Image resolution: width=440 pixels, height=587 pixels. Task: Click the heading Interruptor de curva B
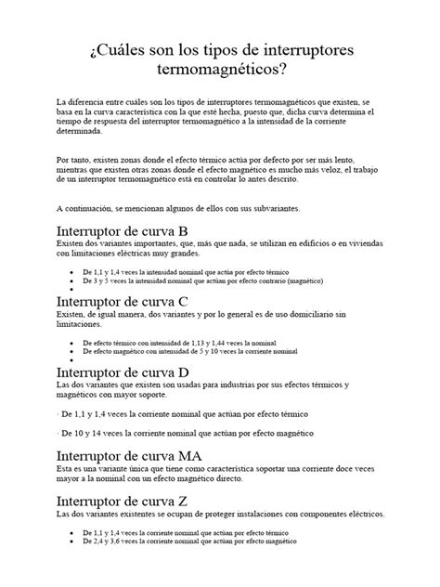tap(123, 230)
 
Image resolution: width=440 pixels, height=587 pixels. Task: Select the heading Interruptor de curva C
tap(123, 301)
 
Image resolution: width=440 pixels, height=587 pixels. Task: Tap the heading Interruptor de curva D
tap(123, 371)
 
